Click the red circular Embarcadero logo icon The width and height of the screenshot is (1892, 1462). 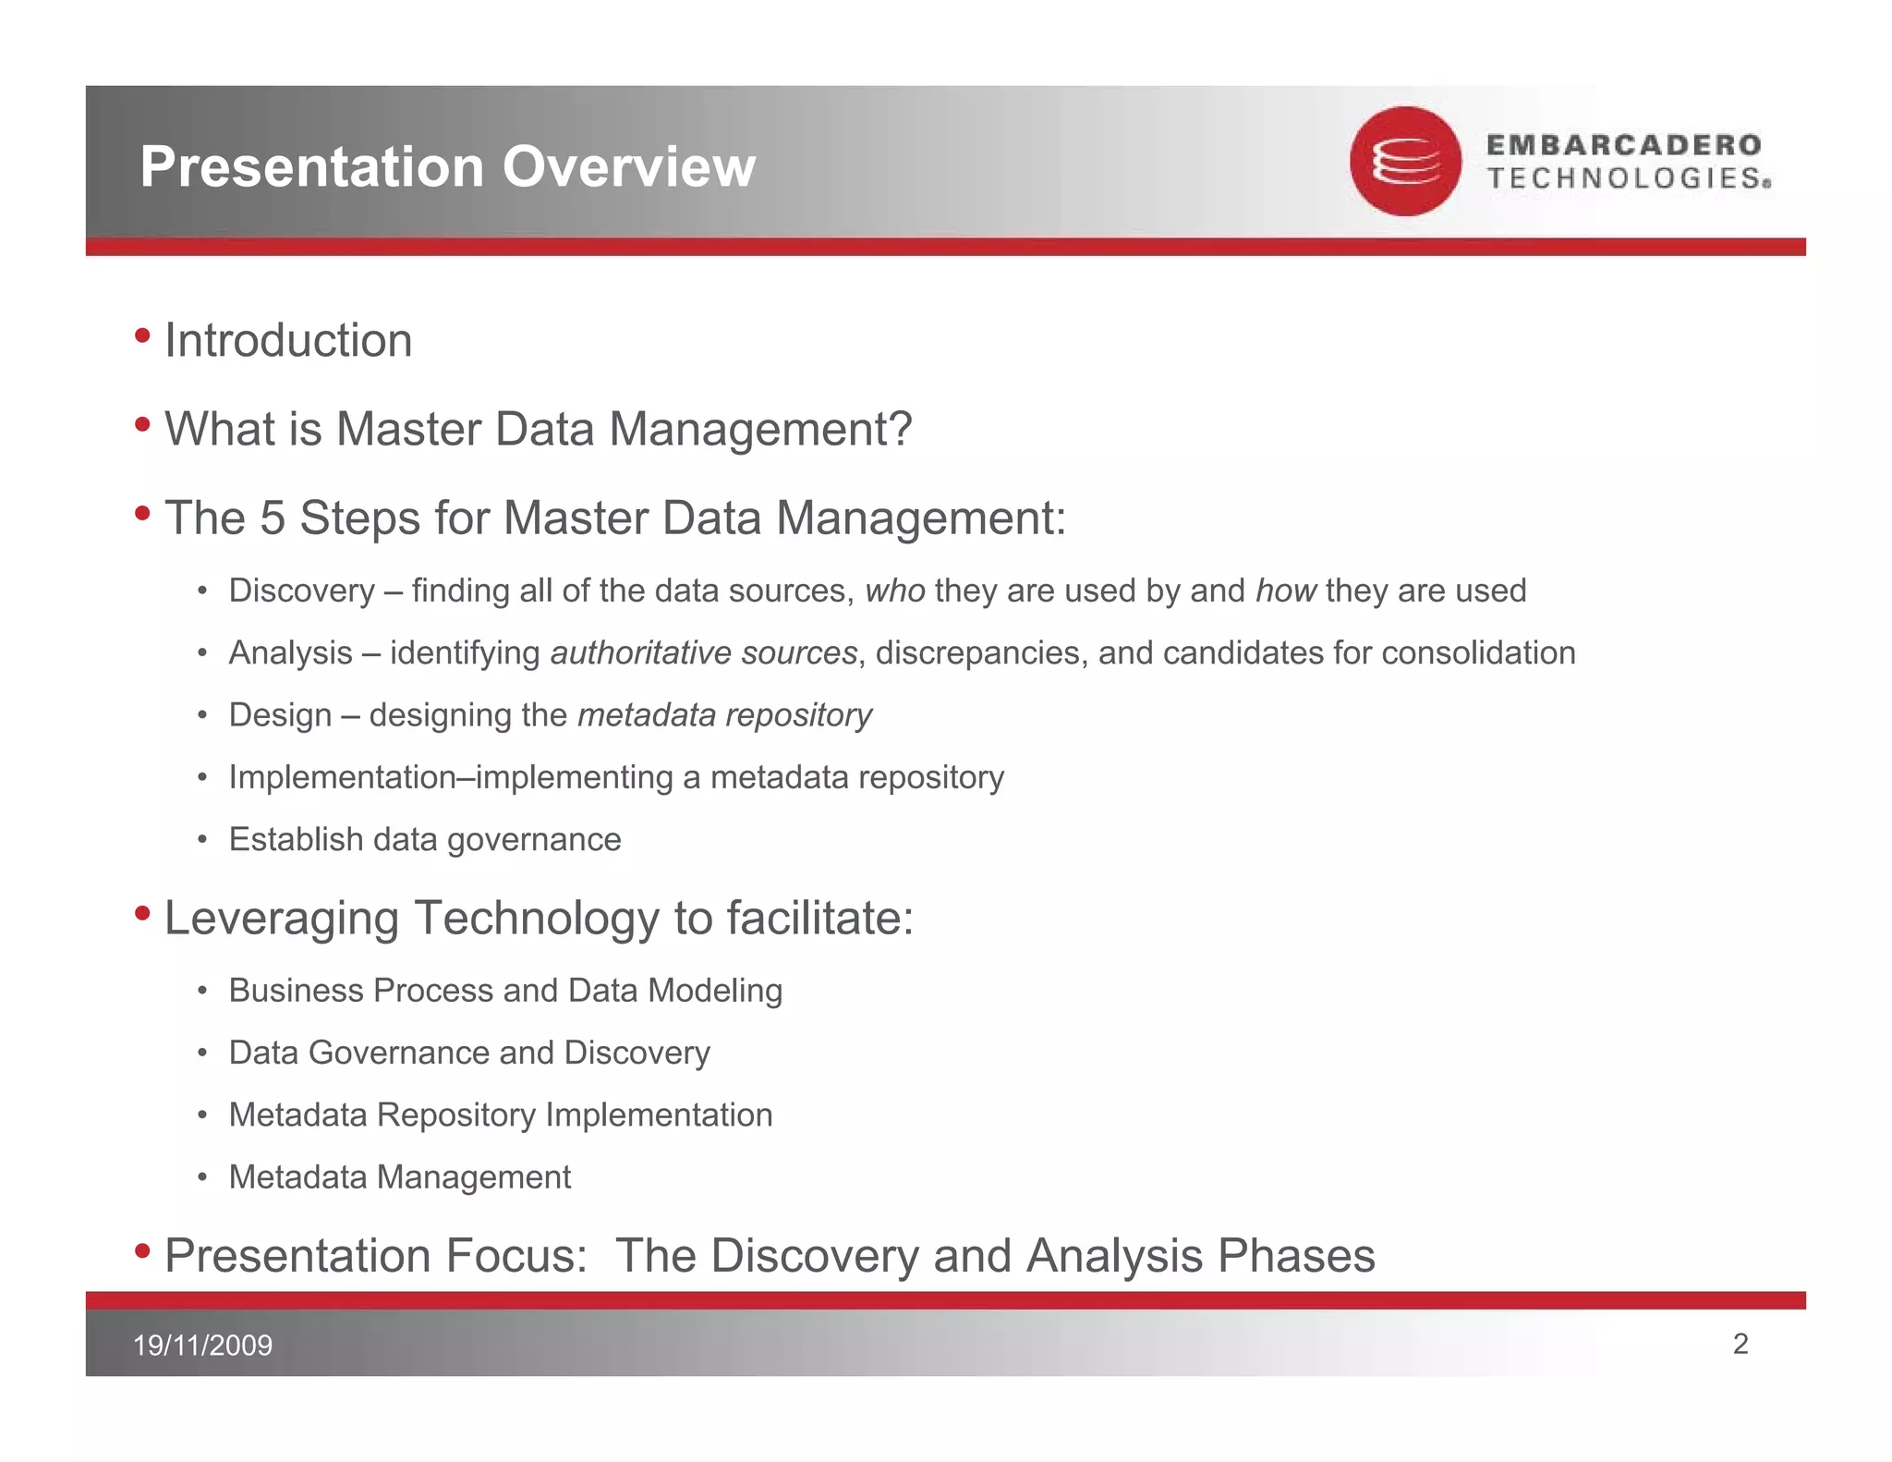1404,162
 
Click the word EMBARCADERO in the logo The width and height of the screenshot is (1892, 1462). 1623,145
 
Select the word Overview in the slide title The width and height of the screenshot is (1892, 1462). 628,167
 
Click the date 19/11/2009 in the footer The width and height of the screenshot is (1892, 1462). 203,1345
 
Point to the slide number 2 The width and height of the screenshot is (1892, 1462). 1740,1344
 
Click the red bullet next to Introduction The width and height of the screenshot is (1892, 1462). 142,335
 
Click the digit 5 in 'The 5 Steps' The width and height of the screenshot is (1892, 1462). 273,518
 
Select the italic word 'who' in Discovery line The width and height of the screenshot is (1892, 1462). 894,591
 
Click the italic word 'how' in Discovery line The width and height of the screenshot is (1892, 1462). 1285,591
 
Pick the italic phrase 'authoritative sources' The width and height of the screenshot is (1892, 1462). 704,653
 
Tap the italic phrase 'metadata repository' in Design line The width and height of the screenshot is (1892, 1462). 724,715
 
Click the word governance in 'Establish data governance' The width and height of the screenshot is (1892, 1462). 534,840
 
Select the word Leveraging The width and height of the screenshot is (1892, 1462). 281,919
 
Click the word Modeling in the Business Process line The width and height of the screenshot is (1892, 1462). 715,991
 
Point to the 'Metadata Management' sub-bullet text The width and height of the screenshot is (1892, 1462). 399,1177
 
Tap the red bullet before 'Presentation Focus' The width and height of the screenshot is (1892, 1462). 142,1250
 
